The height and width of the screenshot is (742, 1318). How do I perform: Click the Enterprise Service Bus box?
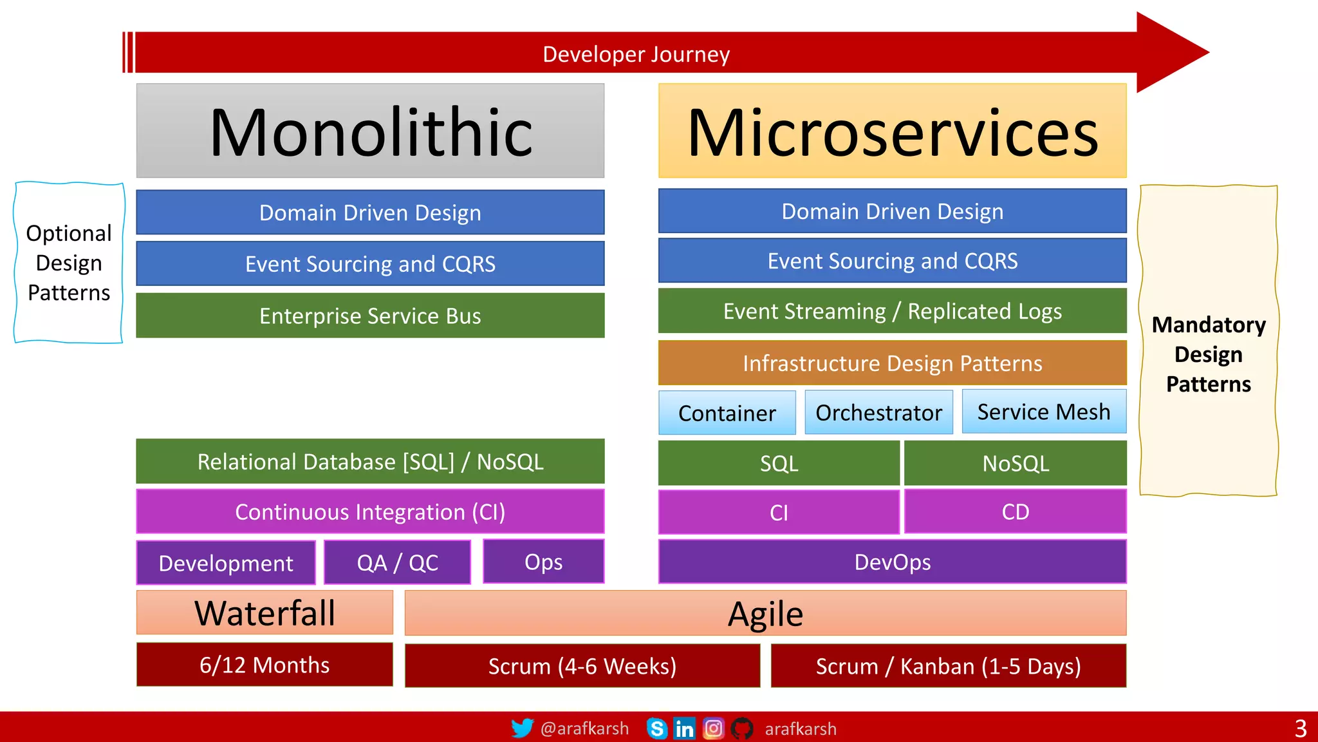tap(370, 316)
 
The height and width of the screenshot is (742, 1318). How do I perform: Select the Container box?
tap(727, 413)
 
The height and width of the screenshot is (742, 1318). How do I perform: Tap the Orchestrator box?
tap(878, 412)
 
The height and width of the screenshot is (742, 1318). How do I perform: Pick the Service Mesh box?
tap(1044, 412)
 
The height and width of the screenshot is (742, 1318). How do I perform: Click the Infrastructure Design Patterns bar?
tap(892, 363)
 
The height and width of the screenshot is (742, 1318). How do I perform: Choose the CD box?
tap(1016, 512)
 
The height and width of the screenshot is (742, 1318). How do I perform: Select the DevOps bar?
tap(892, 562)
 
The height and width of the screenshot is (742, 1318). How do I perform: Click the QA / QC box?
tap(397, 562)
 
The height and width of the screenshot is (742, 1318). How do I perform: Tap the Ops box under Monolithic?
tap(543, 562)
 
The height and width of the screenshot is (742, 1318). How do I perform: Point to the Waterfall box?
tap(265, 613)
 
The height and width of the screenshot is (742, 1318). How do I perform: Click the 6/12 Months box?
tap(265, 665)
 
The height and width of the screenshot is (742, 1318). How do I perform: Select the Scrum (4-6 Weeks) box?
tap(582, 666)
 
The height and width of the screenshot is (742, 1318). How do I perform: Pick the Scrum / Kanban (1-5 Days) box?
tap(948, 666)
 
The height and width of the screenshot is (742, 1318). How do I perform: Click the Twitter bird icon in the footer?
tap(522, 728)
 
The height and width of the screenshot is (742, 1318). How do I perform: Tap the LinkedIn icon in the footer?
tap(684, 728)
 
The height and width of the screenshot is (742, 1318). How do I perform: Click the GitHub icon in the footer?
tap(742, 728)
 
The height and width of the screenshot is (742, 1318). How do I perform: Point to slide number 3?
tap(1301, 728)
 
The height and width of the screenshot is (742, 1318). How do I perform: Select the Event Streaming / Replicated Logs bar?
tap(892, 311)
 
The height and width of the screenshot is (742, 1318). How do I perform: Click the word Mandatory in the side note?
tap(1209, 325)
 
